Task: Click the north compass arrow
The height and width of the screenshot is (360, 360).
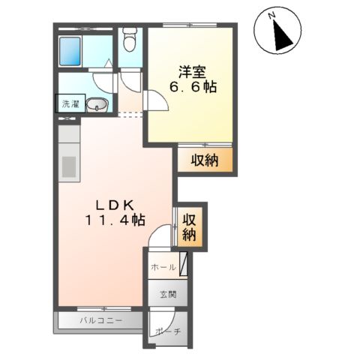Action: click(280, 34)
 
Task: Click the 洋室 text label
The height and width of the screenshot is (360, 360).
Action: click(191, 73)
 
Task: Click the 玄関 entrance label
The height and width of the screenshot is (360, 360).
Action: click(166, 295)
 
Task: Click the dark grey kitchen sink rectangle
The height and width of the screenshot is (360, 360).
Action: click(67, 164)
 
